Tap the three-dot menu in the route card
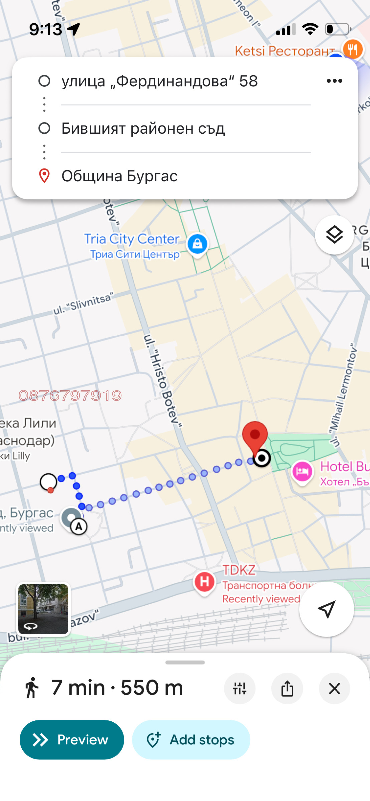tap(334, 81)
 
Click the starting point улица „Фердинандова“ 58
tap(160, 81)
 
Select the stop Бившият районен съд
tap(143, 128)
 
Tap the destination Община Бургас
tap(120, 176)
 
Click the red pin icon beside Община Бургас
tap(44, 176)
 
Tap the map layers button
tap(334, 235)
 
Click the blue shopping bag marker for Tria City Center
tap(197, 244)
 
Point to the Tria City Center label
tap(132, 239)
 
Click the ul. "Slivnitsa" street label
tap(83, 303)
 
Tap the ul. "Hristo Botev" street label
tap(163, 380)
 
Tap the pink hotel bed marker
tap(302, 471)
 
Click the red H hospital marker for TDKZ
tap(204, 581)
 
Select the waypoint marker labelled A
tap(79, 527)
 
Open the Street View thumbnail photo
tap(43, 609)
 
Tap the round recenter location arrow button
tap(326, 609)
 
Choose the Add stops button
tap(191, 740)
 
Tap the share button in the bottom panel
tap(287, 688)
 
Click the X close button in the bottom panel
tap(334, 688)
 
